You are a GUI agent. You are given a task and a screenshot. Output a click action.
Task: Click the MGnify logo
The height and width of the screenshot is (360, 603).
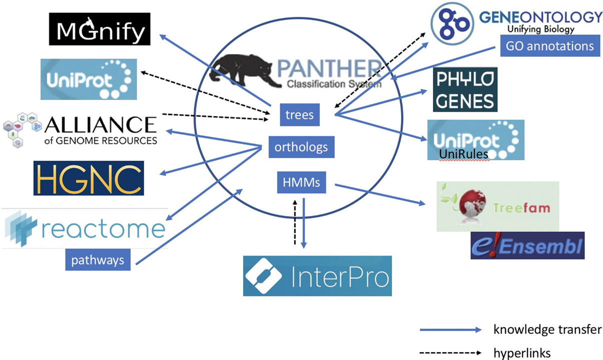(99, 29)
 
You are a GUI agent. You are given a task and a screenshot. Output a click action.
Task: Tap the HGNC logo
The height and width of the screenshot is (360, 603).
(88, 178)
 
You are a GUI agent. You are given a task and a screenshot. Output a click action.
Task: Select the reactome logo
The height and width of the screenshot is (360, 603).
(84, 228)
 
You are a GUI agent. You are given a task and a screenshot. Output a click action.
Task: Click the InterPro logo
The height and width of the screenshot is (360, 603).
(317, 276)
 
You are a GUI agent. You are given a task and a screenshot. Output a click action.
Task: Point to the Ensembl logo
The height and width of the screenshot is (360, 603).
(527, 245)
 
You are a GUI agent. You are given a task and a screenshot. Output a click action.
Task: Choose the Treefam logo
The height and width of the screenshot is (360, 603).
(497, 206)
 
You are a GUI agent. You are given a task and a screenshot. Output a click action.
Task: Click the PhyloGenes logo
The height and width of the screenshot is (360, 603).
(465, 89)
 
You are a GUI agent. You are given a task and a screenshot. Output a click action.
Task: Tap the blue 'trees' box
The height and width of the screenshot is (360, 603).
(299, 115)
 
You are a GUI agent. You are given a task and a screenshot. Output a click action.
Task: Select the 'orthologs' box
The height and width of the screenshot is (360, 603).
(301, 147)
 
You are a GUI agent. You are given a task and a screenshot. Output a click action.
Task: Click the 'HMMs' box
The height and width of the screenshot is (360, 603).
(301, 182)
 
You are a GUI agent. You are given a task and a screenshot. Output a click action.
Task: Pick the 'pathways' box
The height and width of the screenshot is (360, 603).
(97, 260)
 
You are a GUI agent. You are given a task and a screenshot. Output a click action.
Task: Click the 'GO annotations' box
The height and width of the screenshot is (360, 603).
(549, 46)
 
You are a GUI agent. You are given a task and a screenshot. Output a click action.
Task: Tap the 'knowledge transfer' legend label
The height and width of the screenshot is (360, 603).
(547, 329)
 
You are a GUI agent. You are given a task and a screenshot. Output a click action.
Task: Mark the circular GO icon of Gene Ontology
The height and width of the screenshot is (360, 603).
(452, 21)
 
